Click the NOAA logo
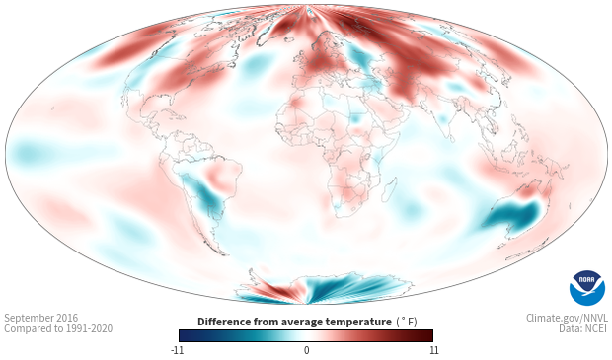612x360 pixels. (586, 288)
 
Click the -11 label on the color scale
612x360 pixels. (177, 350)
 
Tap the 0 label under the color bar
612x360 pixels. (306, 350)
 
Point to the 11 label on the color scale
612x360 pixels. (433, 350)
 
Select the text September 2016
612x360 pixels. (41, 318)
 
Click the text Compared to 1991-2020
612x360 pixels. (58, 328)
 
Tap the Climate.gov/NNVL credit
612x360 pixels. (567, 318)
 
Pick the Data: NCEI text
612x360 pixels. (583, 328)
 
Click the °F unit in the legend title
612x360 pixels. (407, 322)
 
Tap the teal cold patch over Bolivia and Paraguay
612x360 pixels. (204, 194)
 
